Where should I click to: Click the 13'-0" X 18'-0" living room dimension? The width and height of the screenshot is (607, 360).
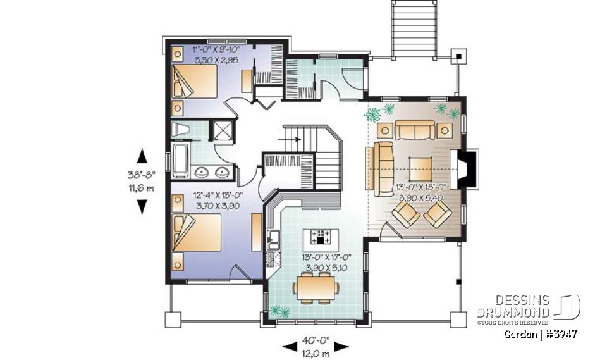[x=422, y=187]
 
